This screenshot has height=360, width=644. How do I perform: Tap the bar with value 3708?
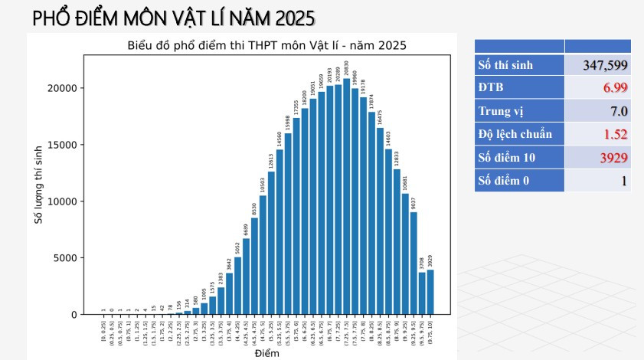click(422, 293)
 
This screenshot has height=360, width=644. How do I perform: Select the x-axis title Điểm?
click(266, 353)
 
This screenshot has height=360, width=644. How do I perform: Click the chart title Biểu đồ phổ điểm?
click(266, 46)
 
